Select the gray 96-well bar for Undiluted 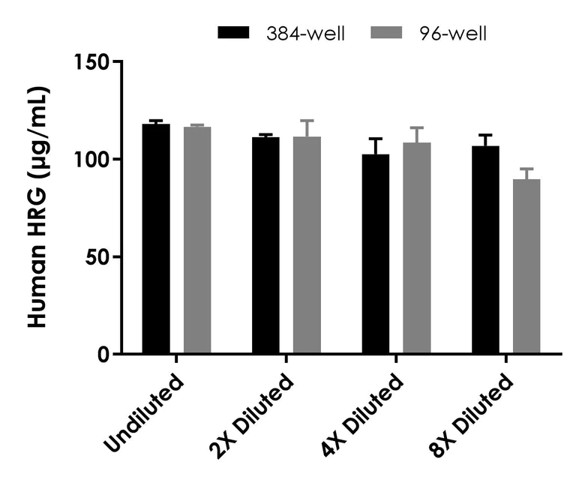(x=197, y=240)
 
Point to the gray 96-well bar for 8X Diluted (x=526, y=266)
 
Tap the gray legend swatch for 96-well (x=387, y=33)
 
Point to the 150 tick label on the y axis (x=92, y=61)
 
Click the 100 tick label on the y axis (x=92, y=159)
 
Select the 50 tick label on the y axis (x=97, y=256)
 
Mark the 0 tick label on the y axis (x=102, y=354)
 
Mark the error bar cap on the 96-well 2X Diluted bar (x=307, y=120)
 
